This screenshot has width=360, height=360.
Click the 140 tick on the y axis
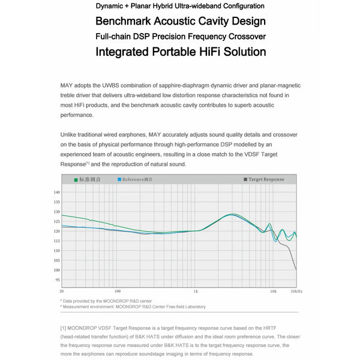click(57, 193)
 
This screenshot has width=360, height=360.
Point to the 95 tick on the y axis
click(58, 280)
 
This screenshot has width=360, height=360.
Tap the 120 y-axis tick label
click(57, 231)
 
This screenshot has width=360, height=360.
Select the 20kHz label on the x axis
click(296, 291)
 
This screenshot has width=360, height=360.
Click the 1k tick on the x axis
click(196, 291)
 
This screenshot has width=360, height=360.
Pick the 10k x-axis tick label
click(273, 291)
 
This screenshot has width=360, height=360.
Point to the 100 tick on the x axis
click(118, 291)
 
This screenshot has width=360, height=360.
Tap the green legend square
click(76, 179)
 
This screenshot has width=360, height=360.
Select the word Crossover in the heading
click(243, 37)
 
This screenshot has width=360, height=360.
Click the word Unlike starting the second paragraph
click(70, 136)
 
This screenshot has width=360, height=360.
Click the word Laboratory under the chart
click(191, 307)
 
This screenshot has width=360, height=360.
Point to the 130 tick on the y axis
click(57, 212)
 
